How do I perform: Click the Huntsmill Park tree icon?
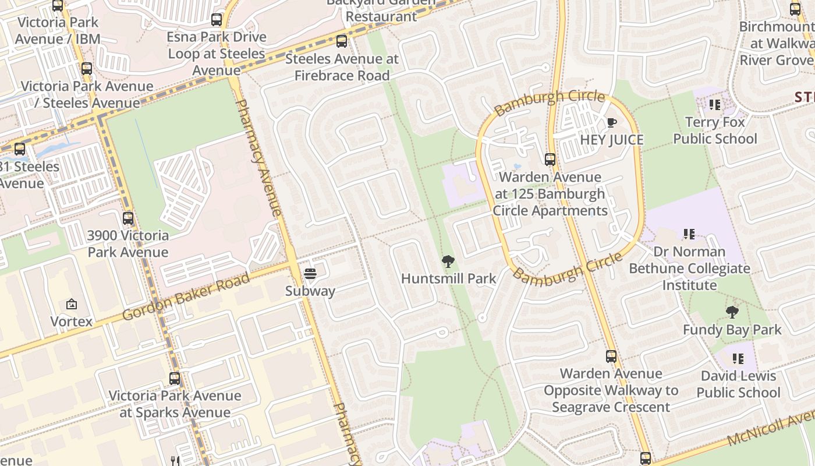tap(448, 262)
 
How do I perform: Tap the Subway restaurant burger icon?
tap(310, 274)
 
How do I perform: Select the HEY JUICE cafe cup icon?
tap(611, 122)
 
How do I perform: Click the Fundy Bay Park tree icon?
tap(732, 313)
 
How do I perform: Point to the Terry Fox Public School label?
tap(715, 130)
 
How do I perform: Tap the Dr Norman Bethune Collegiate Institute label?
tap(689, 269)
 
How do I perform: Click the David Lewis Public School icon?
tap(738, 359)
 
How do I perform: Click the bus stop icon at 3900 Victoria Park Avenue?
tap(128, 219)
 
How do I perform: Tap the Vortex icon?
tap(72, 304)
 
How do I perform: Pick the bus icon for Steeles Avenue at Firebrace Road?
tap(342, 41)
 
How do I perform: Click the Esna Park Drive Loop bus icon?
tap(217, 20)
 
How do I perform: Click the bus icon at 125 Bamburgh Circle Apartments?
tap(550, 160)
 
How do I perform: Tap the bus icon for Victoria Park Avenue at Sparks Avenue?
tap(174, 379)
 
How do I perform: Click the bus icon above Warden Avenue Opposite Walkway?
tap(611, 356)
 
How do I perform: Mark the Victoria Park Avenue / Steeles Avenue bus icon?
tap(87, 69)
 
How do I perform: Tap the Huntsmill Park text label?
tap(448, 278)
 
